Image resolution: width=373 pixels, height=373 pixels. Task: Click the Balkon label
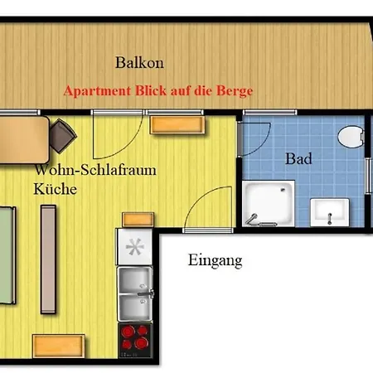[x=139, y=63]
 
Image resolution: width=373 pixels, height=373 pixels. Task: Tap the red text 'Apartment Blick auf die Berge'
[x=158, y=91]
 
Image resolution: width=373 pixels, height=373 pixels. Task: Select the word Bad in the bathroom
[x=298, y=159]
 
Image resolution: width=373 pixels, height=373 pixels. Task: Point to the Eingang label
[x=216, y=260]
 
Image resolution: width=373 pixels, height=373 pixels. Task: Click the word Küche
[x=56, y=189]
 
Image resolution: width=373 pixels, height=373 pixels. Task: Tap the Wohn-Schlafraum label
[x=95, y=169]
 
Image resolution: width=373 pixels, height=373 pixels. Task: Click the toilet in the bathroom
[x=351, y=137]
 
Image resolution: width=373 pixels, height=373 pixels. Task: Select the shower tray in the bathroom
[x=269, y=204]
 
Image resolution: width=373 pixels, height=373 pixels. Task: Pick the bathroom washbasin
[x=330, y=212]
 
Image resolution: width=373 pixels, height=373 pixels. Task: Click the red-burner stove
[x=135, y=341]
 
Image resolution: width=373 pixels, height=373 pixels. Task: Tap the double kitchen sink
[x=135, y=293]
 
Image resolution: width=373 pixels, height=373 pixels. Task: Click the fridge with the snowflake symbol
[x=134, y=246]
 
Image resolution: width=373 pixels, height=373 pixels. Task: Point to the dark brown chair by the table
[x=63, y=136]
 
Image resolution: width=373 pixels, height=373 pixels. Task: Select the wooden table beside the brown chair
[x=24, y=140]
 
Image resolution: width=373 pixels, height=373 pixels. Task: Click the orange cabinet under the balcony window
[x=177, y=125]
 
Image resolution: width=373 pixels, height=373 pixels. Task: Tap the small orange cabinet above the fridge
[x=138, y=220]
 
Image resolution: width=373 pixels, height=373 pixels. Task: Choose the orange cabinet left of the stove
[x=59, y=346]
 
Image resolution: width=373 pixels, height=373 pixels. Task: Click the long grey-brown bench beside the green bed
[x=48, y=259]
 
